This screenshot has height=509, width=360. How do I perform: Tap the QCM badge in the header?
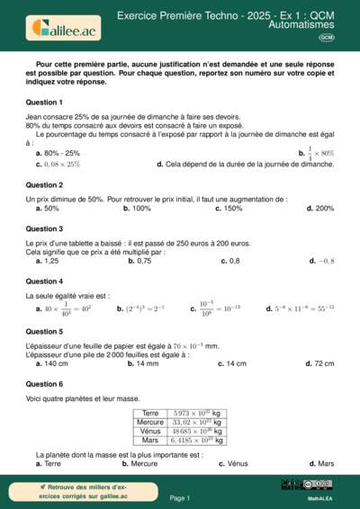[x=326, y=38]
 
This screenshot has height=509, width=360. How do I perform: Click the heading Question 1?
[x=44, y=103]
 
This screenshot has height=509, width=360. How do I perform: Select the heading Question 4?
[x=44, y=281]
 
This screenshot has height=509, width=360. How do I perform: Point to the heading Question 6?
[x=44, y=383]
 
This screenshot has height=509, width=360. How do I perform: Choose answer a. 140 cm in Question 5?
[x=51, y=363]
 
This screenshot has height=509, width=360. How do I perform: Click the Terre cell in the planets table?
[x=150, y=414]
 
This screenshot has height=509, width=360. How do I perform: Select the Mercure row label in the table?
[x=150, y=423]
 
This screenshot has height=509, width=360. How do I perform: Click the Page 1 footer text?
[x=180, y=497]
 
